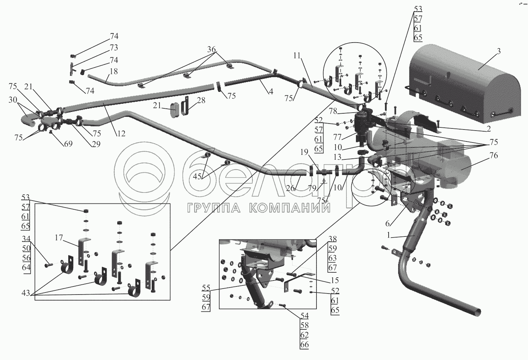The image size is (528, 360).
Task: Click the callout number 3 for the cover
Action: click(498, 51)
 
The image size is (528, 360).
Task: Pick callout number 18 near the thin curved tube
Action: click(114, 71)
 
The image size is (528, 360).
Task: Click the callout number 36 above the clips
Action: click(212, 50)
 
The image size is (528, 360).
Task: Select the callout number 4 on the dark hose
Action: click(271, 91)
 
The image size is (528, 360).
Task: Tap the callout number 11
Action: click(297, 56)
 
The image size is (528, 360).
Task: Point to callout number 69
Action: click(68, 144)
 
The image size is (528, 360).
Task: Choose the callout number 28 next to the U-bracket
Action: click(201, 100)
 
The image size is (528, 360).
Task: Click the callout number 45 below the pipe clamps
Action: click(197, 176)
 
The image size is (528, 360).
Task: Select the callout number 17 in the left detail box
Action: click(59, 238)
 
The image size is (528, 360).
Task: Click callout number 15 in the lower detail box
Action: click(335, 280)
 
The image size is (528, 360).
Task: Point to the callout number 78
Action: click(333, 111)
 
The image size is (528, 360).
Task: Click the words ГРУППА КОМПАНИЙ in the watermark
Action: click(259, 208)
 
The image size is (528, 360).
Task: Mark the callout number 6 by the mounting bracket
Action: click(388, 223)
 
